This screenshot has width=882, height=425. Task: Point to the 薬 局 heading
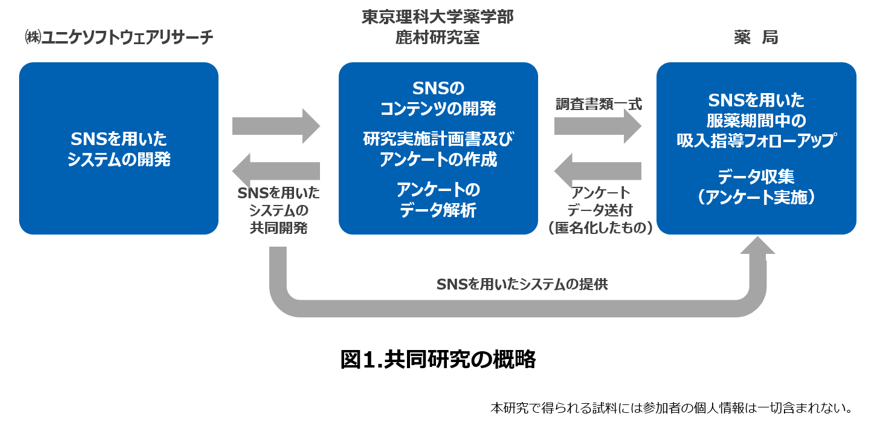click(x=755, y=38)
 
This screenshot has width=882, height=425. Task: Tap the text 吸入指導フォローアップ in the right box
click(x=756, y=141)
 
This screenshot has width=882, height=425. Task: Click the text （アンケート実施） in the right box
click(x=756, y=198)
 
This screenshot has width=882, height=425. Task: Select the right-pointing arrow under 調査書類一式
click(x=598, y=126)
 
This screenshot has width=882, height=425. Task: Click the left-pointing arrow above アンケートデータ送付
click(x=598, y=169)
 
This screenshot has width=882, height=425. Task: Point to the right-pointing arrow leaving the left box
click(x=276, y=126)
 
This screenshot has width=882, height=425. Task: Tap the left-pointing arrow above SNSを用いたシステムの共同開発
click(x=276, y=169)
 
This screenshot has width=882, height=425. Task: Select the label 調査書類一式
click(x=598, y=103)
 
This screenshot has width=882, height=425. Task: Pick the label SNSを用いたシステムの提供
click(x=522, y=283)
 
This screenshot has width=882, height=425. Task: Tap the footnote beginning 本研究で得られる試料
click(x=671, y=407)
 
